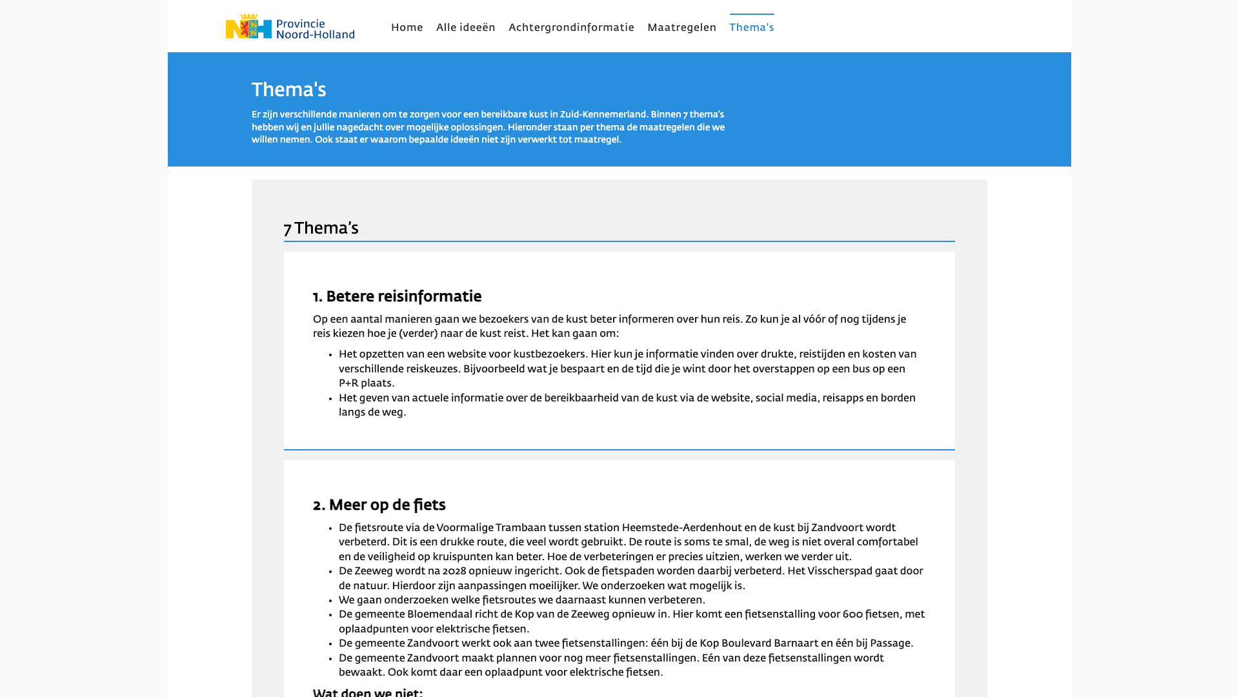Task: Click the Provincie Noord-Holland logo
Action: point(290,26)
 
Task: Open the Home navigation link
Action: point(407,28)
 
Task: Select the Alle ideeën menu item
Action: point(466,28)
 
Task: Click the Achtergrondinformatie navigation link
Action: point(571,28)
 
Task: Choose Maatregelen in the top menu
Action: point(681,28)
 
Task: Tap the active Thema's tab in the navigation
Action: point(752,28)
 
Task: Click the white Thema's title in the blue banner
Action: point(288,90)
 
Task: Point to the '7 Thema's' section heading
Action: point(321,228)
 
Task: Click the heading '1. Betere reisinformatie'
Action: point(397,297)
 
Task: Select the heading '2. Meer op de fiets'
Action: point(379,505)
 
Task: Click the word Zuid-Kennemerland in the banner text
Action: point(603,115)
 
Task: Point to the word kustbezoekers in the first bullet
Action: point(549,354)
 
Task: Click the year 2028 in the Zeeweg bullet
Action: point(454,571)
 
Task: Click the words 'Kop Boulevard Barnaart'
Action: point(759,643)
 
